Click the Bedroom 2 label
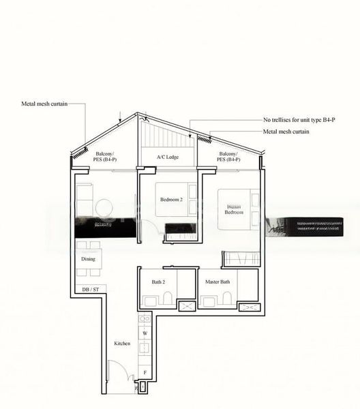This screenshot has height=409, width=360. click(171, 199)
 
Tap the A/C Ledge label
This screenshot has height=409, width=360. click(167, 157)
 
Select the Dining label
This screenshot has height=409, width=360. click(87, 259)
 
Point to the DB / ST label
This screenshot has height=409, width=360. click(90, 290)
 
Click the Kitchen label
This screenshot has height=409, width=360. click(122, 343)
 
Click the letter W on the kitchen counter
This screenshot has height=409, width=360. click(145, 333)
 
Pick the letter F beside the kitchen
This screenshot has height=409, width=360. click(145, 373)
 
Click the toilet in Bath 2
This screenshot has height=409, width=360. click(166, 299)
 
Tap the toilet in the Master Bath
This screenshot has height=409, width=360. click(226, 299)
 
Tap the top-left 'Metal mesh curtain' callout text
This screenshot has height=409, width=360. click(44, 104)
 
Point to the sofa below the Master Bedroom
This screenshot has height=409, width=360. click(240, 258)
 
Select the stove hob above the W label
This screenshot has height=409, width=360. click(145, 319)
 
